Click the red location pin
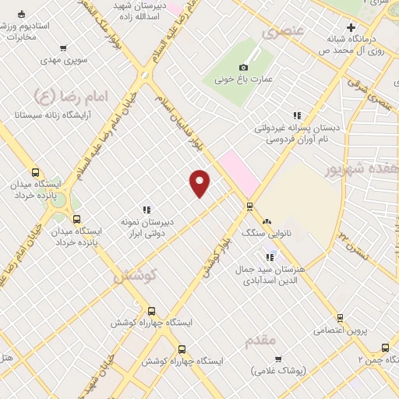pyautogui.click(x=200, y=182)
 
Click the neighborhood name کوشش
pyautogui.click(x=136, y=275)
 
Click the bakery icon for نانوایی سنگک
pyautogui.click(x=267, y=222)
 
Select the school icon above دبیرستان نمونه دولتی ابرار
pyautogui.click(x=146, y=209)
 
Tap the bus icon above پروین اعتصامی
pyautogui.click(x=340, y=317)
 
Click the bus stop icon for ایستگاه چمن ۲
pyautogui.click(x=385, y=348)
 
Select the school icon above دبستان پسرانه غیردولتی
pyautogui.click(x=296, y=115)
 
